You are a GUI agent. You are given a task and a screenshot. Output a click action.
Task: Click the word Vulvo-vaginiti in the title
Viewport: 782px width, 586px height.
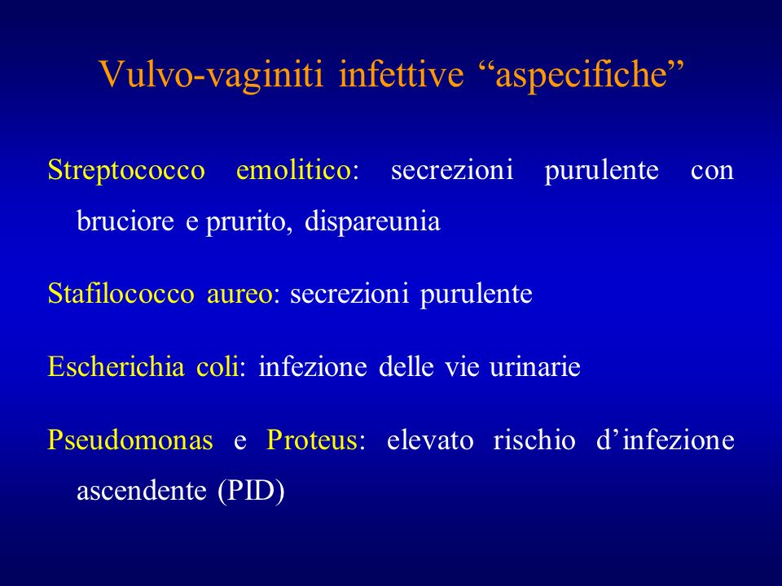[x=212, y=75]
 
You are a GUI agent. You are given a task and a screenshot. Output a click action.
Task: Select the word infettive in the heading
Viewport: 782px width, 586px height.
[x=402, y=74]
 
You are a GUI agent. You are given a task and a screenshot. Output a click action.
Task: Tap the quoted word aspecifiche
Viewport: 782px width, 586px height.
[x=582, y=75]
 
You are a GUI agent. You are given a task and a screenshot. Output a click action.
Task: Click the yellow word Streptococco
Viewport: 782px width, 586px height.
[x=126, y=170]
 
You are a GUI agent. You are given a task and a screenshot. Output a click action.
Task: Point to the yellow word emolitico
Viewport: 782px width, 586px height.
[x=294, y=169]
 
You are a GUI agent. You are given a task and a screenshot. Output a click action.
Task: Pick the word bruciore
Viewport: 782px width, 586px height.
[x=125, y=221]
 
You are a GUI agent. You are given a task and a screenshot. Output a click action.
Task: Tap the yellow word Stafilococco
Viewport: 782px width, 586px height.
[x=121, y=293]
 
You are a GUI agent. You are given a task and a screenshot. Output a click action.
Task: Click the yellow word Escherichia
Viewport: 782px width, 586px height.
[x=116, y=367]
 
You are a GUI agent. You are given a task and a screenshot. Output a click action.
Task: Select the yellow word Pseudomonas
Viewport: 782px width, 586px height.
[x=130, y=440]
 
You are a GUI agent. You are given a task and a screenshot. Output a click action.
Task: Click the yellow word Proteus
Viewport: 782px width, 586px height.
[x=312, y=440]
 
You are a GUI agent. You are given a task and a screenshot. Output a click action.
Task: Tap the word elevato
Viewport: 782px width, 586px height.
[x=430, y=440]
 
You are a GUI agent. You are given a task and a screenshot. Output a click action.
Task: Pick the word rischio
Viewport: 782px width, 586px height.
[x=534, y=440]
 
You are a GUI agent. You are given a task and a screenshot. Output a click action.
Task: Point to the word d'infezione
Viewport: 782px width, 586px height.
[x=666, y=440]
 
